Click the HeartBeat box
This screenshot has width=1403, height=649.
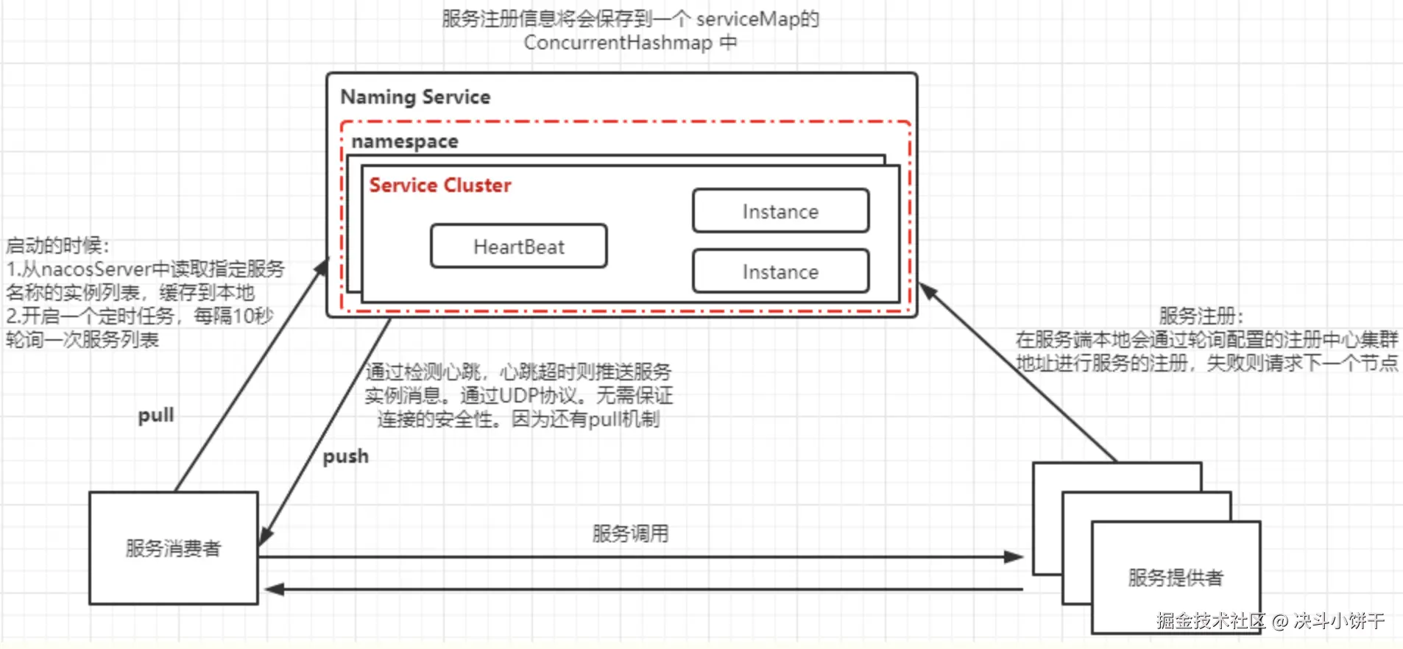[519, 247]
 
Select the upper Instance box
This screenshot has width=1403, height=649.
[780, 211]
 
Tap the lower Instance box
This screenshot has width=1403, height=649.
[780, 272]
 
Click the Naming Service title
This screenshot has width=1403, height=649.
[415, 97]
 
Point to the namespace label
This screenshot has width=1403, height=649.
[405, 141]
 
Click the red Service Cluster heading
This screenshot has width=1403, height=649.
[440, 185]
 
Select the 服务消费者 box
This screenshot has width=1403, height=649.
[174, 548]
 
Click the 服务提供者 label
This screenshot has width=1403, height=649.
[1176, 578]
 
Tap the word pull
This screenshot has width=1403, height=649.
[156, 416]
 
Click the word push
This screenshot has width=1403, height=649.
[346, 457]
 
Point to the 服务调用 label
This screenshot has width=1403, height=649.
[630, 533]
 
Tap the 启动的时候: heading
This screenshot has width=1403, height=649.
[57, 246]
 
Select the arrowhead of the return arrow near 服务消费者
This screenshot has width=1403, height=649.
[274, 589]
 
